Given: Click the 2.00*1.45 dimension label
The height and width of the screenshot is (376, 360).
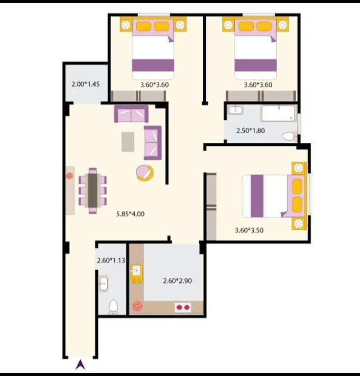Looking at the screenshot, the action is (86, 84).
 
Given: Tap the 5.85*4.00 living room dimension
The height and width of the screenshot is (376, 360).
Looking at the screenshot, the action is (130, 214).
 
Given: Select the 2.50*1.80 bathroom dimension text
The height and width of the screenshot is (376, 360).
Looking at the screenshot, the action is (251, 131).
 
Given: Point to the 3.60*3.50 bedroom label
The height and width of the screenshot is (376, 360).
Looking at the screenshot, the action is (249, 230).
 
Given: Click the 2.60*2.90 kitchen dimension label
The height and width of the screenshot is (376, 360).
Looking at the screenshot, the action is (178, 281).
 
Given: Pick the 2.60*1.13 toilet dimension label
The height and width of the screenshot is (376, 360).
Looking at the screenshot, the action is (111, 260).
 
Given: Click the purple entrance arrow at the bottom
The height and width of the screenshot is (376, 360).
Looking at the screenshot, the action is (80, 365).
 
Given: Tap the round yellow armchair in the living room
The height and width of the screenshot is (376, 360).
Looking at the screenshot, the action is (145, 173).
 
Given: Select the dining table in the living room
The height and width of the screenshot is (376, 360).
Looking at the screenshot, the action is (93, 190).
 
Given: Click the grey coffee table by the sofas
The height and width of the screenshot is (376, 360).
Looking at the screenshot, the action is (128, 142).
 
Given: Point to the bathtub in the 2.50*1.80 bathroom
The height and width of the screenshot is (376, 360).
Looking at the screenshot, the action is (278, 113).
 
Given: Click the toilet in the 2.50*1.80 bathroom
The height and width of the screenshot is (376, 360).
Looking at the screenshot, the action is (289, 136).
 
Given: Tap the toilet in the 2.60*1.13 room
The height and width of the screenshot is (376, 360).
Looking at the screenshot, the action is (113, 307).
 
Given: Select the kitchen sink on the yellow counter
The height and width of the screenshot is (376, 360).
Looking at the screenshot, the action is (137, 271).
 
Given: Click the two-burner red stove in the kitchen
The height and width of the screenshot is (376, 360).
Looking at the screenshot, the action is (183, 308).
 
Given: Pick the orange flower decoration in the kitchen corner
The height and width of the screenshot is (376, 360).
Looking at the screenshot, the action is (137, 306).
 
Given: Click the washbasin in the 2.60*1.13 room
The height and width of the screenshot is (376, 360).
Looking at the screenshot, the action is (104, 283).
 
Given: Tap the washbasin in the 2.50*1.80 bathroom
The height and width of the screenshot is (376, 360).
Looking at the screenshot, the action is (236, 110).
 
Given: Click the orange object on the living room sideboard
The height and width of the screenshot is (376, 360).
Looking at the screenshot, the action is (69, 176).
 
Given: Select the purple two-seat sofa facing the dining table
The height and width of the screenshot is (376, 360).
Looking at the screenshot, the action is (153, 143).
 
